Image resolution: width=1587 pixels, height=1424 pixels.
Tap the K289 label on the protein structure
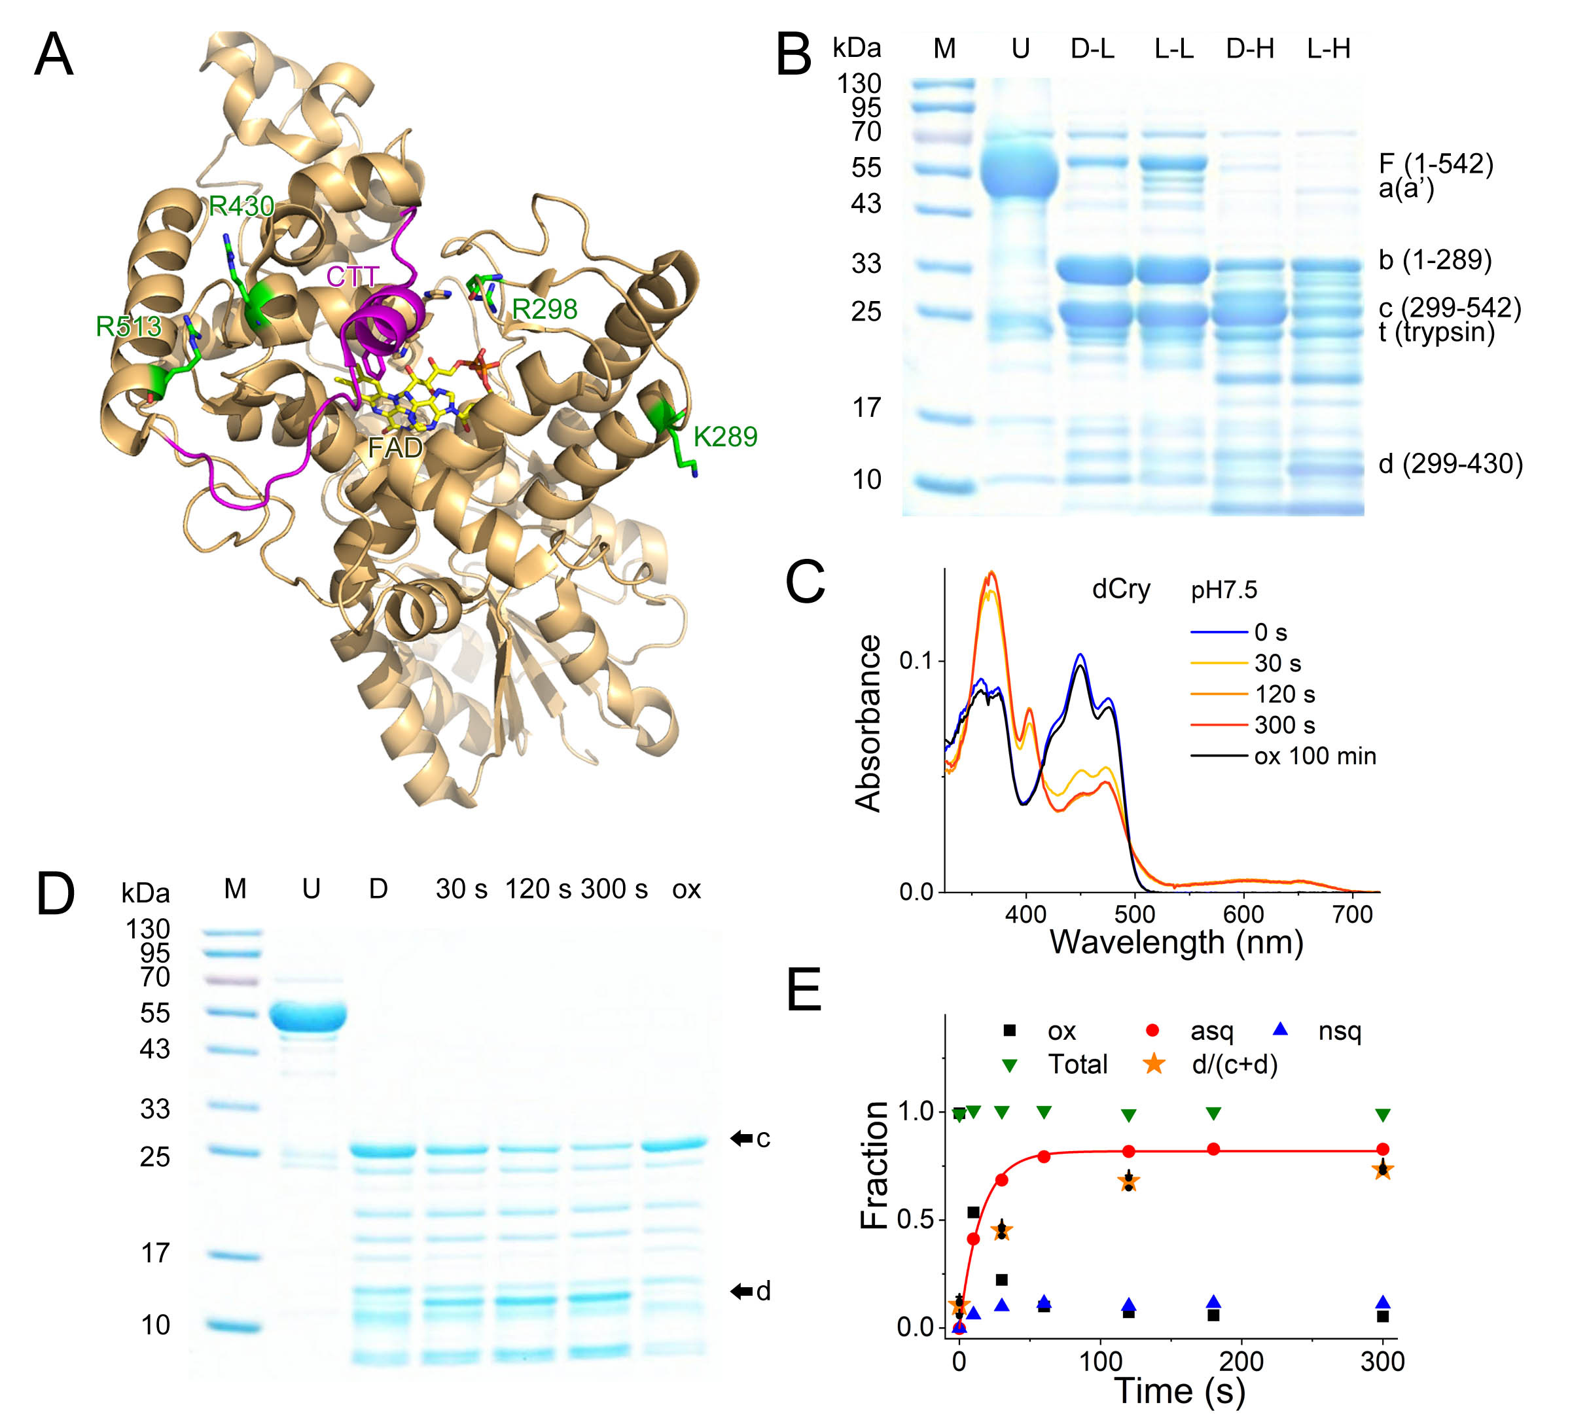tap(724, 436)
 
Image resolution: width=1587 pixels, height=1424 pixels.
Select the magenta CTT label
tap(352, 276)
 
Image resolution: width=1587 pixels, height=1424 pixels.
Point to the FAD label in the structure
tap(395, 448)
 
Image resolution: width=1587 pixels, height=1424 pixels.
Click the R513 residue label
tap(128, 327)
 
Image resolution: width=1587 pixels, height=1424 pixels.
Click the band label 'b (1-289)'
tap(1435, 260)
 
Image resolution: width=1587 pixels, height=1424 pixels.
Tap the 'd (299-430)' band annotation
tap(1450, 464)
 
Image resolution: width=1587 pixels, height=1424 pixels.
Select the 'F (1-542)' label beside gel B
tap(1435, 164)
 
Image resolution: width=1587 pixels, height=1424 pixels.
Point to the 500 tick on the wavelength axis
tap(1135, 914)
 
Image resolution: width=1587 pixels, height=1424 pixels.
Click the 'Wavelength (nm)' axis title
tap(1175, 943)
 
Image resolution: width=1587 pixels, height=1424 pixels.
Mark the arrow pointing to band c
tap(741, 1139)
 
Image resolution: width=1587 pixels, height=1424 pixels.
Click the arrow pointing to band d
tap(741, 1291)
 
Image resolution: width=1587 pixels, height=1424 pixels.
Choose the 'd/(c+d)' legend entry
tap(1234, 1064)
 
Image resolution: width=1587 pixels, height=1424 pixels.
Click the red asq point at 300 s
tap(1383, 1149)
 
